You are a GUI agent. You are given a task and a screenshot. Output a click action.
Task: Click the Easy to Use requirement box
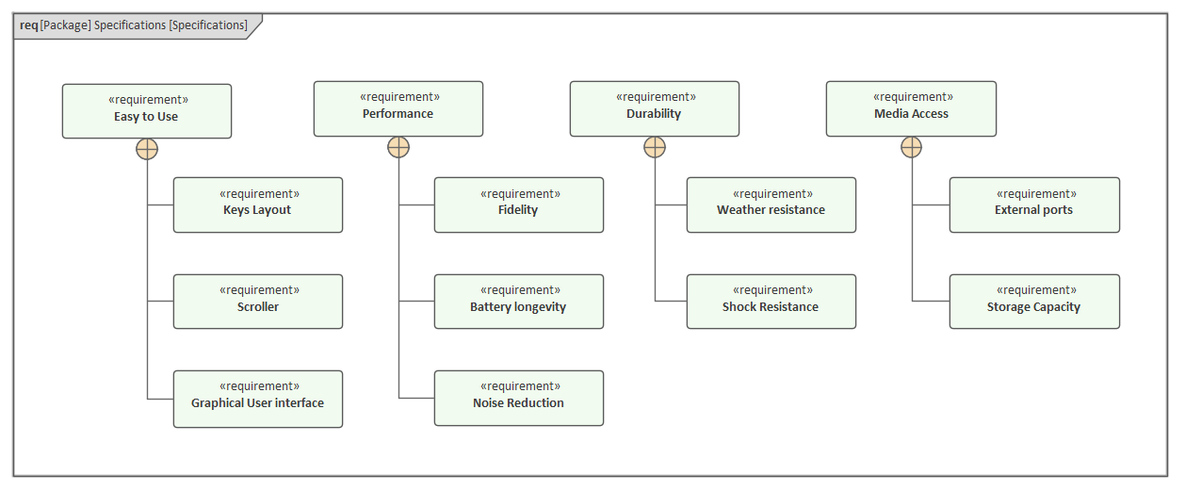pyautogui.click(x=146, y=111)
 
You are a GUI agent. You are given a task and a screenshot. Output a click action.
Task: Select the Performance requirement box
pyautogui.click(x=398, y=108)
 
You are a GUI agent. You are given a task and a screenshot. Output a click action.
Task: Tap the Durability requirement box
pyautogui.click(x=654, y=108)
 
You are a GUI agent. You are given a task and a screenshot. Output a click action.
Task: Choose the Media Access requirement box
pyautogui.click(x=911, y=108)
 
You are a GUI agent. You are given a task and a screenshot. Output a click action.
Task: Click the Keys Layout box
pyautogui.click(x=257, y=205)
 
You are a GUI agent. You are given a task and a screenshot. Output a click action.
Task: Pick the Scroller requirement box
pyautogui.click(x=257, y=302)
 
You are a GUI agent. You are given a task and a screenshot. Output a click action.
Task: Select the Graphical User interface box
pyautogui.click(x=257, y=399)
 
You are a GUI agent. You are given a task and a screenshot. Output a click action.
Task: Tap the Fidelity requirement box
pyautogui.click(x=518, y=205)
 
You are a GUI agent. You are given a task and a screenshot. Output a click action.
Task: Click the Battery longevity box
pyautogui.click(x=518, y=302)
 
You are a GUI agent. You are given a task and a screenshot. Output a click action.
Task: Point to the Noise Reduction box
pyautogui.click(x=518, y=399)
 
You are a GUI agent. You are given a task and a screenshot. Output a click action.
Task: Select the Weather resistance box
pyautogui.click(x=771, y=205)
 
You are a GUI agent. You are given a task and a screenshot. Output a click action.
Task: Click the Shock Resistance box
pyautogui.click(x=771, y=302)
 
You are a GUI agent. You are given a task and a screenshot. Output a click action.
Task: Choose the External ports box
pyautogui.click(x=1033, y=205)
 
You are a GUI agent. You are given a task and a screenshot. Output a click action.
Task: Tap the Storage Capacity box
pyautogui.click(x=1033, y=302)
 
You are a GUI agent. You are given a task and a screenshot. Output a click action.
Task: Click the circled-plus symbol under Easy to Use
pyautogui.click(x=147, y=149)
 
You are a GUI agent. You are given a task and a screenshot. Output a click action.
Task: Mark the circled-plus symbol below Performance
pyautogui.click(x=398, y=147)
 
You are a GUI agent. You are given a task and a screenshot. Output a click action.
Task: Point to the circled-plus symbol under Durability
pyautogui.click(x=655, y=147)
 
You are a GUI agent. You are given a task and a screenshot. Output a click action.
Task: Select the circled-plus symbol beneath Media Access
pyautogui.click(x=911, y=147)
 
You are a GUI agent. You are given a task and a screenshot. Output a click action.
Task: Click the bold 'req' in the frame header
pyautogui.click(x=28, y=25)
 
